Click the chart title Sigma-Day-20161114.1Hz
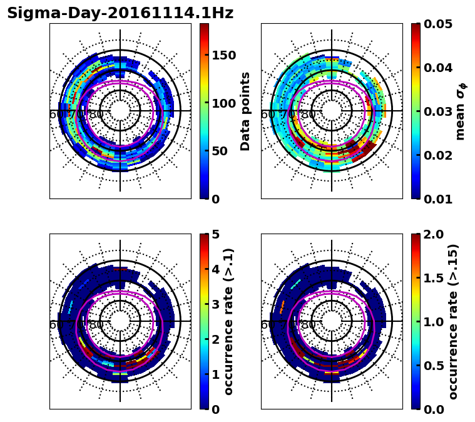[120, 13]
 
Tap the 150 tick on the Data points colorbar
[223, 55]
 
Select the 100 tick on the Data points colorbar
[223, 103]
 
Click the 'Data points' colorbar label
[245, 111]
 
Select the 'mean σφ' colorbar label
[461, 111]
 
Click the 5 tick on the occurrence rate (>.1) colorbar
[215, 234]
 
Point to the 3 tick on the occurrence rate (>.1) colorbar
[215, 304]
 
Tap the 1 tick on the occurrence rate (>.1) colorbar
[215, 374]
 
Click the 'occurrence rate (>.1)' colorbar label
[229, 322]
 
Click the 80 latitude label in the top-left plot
[96, 115]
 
